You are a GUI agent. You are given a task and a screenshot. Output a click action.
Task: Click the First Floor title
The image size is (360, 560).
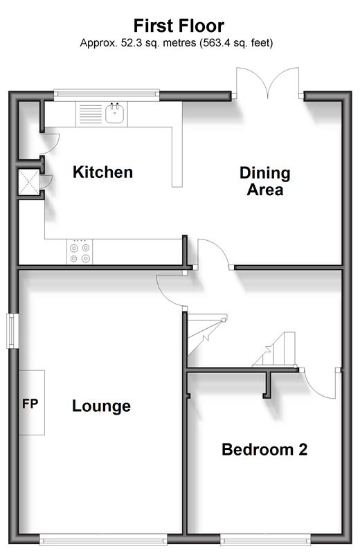pyautogui.click(x=179, y=26)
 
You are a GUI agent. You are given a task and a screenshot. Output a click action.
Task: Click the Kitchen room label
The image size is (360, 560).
pyautogui.click(x=103, y=172)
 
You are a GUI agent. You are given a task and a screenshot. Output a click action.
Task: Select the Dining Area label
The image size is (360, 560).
pyautogui.click(x=265, y=181)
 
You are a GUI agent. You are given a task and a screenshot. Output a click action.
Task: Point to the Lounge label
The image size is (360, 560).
pyautogui.click(x=102, y=406)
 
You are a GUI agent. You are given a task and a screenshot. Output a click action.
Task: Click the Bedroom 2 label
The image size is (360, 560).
pyautogui.click(x=264, y=449)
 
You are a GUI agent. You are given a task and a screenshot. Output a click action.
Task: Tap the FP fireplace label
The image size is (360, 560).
pyautogui.click(x=30, y=404)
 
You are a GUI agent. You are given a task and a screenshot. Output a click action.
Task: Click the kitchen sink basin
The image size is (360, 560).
pyautogui.click(x=115, y=114)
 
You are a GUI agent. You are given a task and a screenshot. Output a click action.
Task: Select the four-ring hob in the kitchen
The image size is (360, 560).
pyautogui.click(x=80, y=252)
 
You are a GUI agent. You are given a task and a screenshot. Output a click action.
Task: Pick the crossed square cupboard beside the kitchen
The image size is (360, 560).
pyautogui.click(x=29, y=182)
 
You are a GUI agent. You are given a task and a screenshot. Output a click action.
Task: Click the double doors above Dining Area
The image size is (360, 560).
pyautogui.click(x=267, y=82)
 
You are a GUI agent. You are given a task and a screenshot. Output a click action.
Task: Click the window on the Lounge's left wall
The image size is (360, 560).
pyautogui.click(x=12, y=331)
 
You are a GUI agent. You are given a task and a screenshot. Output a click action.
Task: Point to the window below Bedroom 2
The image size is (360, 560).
pyautogui.click(x=265, y=539)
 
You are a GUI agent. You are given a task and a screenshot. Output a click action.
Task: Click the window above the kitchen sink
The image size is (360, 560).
pyautogui.click(x=107, y=93)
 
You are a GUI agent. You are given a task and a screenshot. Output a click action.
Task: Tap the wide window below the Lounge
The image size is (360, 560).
pyautogui.click(x=103, y=539)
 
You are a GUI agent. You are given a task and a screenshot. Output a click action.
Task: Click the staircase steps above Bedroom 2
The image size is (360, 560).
pyautogui.click(x=274, y=350)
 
